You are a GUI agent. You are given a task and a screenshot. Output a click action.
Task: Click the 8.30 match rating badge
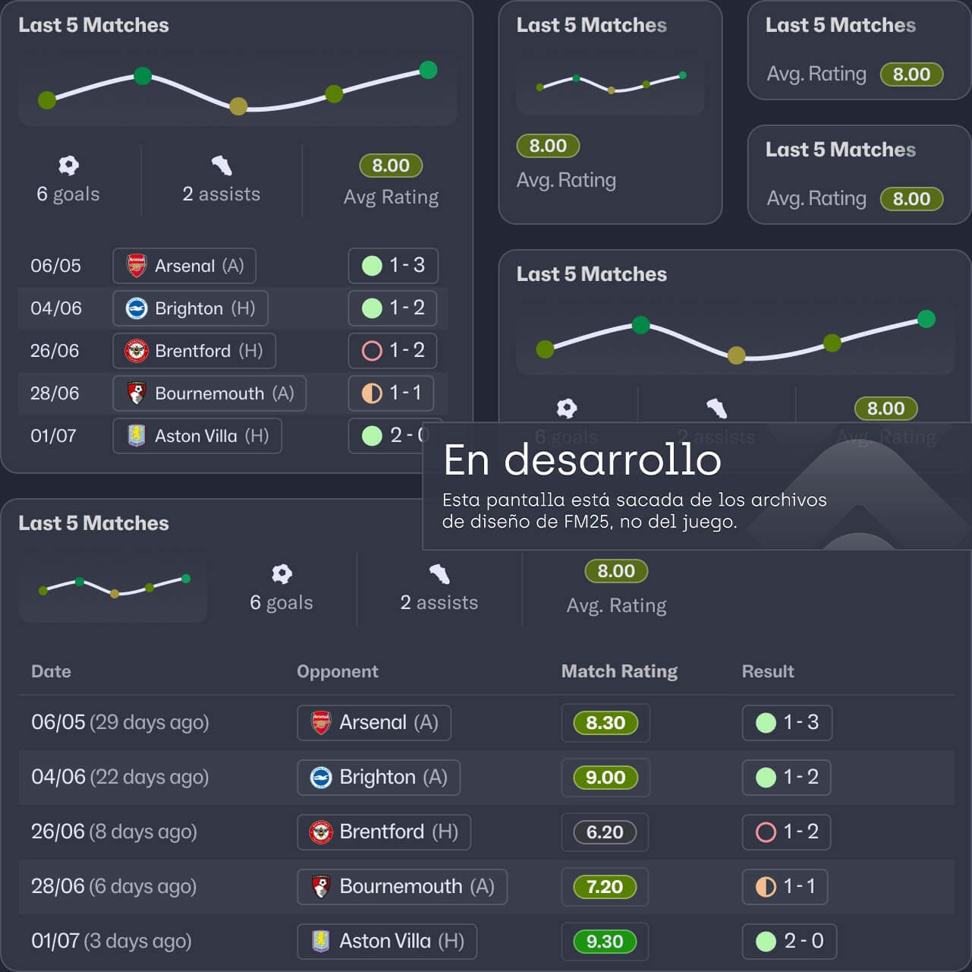(x=605, y=723)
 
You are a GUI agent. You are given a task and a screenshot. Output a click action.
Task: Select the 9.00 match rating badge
(x=605, y=778)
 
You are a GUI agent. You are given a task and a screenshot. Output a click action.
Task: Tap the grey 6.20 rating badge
(x=605, y=832)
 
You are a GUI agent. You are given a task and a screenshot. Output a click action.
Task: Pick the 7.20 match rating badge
(x=605, y=887)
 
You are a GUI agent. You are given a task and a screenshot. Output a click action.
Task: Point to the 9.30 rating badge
(x=605, y=942)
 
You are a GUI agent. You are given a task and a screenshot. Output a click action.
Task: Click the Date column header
(x=51, y=671)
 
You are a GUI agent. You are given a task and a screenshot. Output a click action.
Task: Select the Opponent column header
(x=337, y=671)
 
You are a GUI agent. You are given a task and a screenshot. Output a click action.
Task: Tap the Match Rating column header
(x=619, y=671)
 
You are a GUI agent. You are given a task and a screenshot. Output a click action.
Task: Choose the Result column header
(x=767, y=671)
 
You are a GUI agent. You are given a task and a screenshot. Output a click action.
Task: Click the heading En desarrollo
(x=582, y=460)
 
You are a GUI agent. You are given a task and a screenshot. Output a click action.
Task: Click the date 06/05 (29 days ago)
(x=120, y=722)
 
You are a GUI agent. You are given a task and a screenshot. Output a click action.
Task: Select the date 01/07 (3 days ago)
(x=111, y=941)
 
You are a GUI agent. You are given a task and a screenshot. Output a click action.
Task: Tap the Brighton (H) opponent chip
(x=190, y=308)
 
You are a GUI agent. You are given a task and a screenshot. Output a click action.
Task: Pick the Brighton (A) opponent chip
(x=378, y=778)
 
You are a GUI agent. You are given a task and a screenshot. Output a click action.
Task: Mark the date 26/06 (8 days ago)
(x=114, y=832)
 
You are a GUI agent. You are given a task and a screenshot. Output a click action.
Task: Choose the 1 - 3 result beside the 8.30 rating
(x=787, y=723)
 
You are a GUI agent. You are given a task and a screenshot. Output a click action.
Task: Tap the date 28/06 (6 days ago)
(x=114, y=886)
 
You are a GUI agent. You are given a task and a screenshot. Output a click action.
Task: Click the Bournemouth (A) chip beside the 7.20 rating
(x=401, y=887)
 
